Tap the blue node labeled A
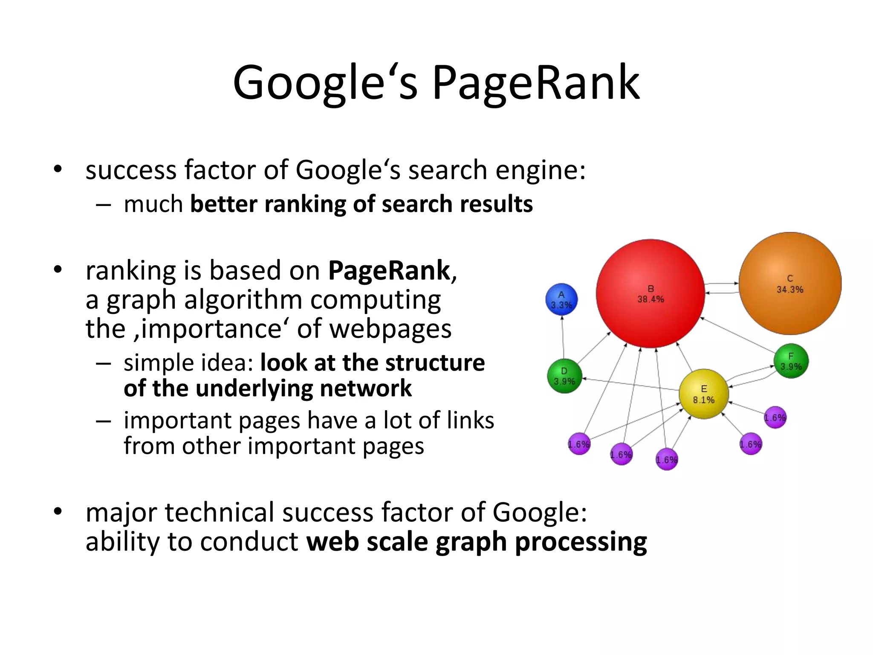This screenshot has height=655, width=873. coord(561,299)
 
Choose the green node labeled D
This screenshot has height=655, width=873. coord(564,376)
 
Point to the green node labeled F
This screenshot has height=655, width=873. coord(791,361)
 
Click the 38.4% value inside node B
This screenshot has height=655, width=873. coord(650,299)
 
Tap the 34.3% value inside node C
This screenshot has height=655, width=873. coord(790,290)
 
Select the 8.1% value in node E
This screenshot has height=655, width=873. coord(703,400)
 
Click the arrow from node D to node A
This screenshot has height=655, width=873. coord(563,337)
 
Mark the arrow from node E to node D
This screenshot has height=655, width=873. coord(631,384)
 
